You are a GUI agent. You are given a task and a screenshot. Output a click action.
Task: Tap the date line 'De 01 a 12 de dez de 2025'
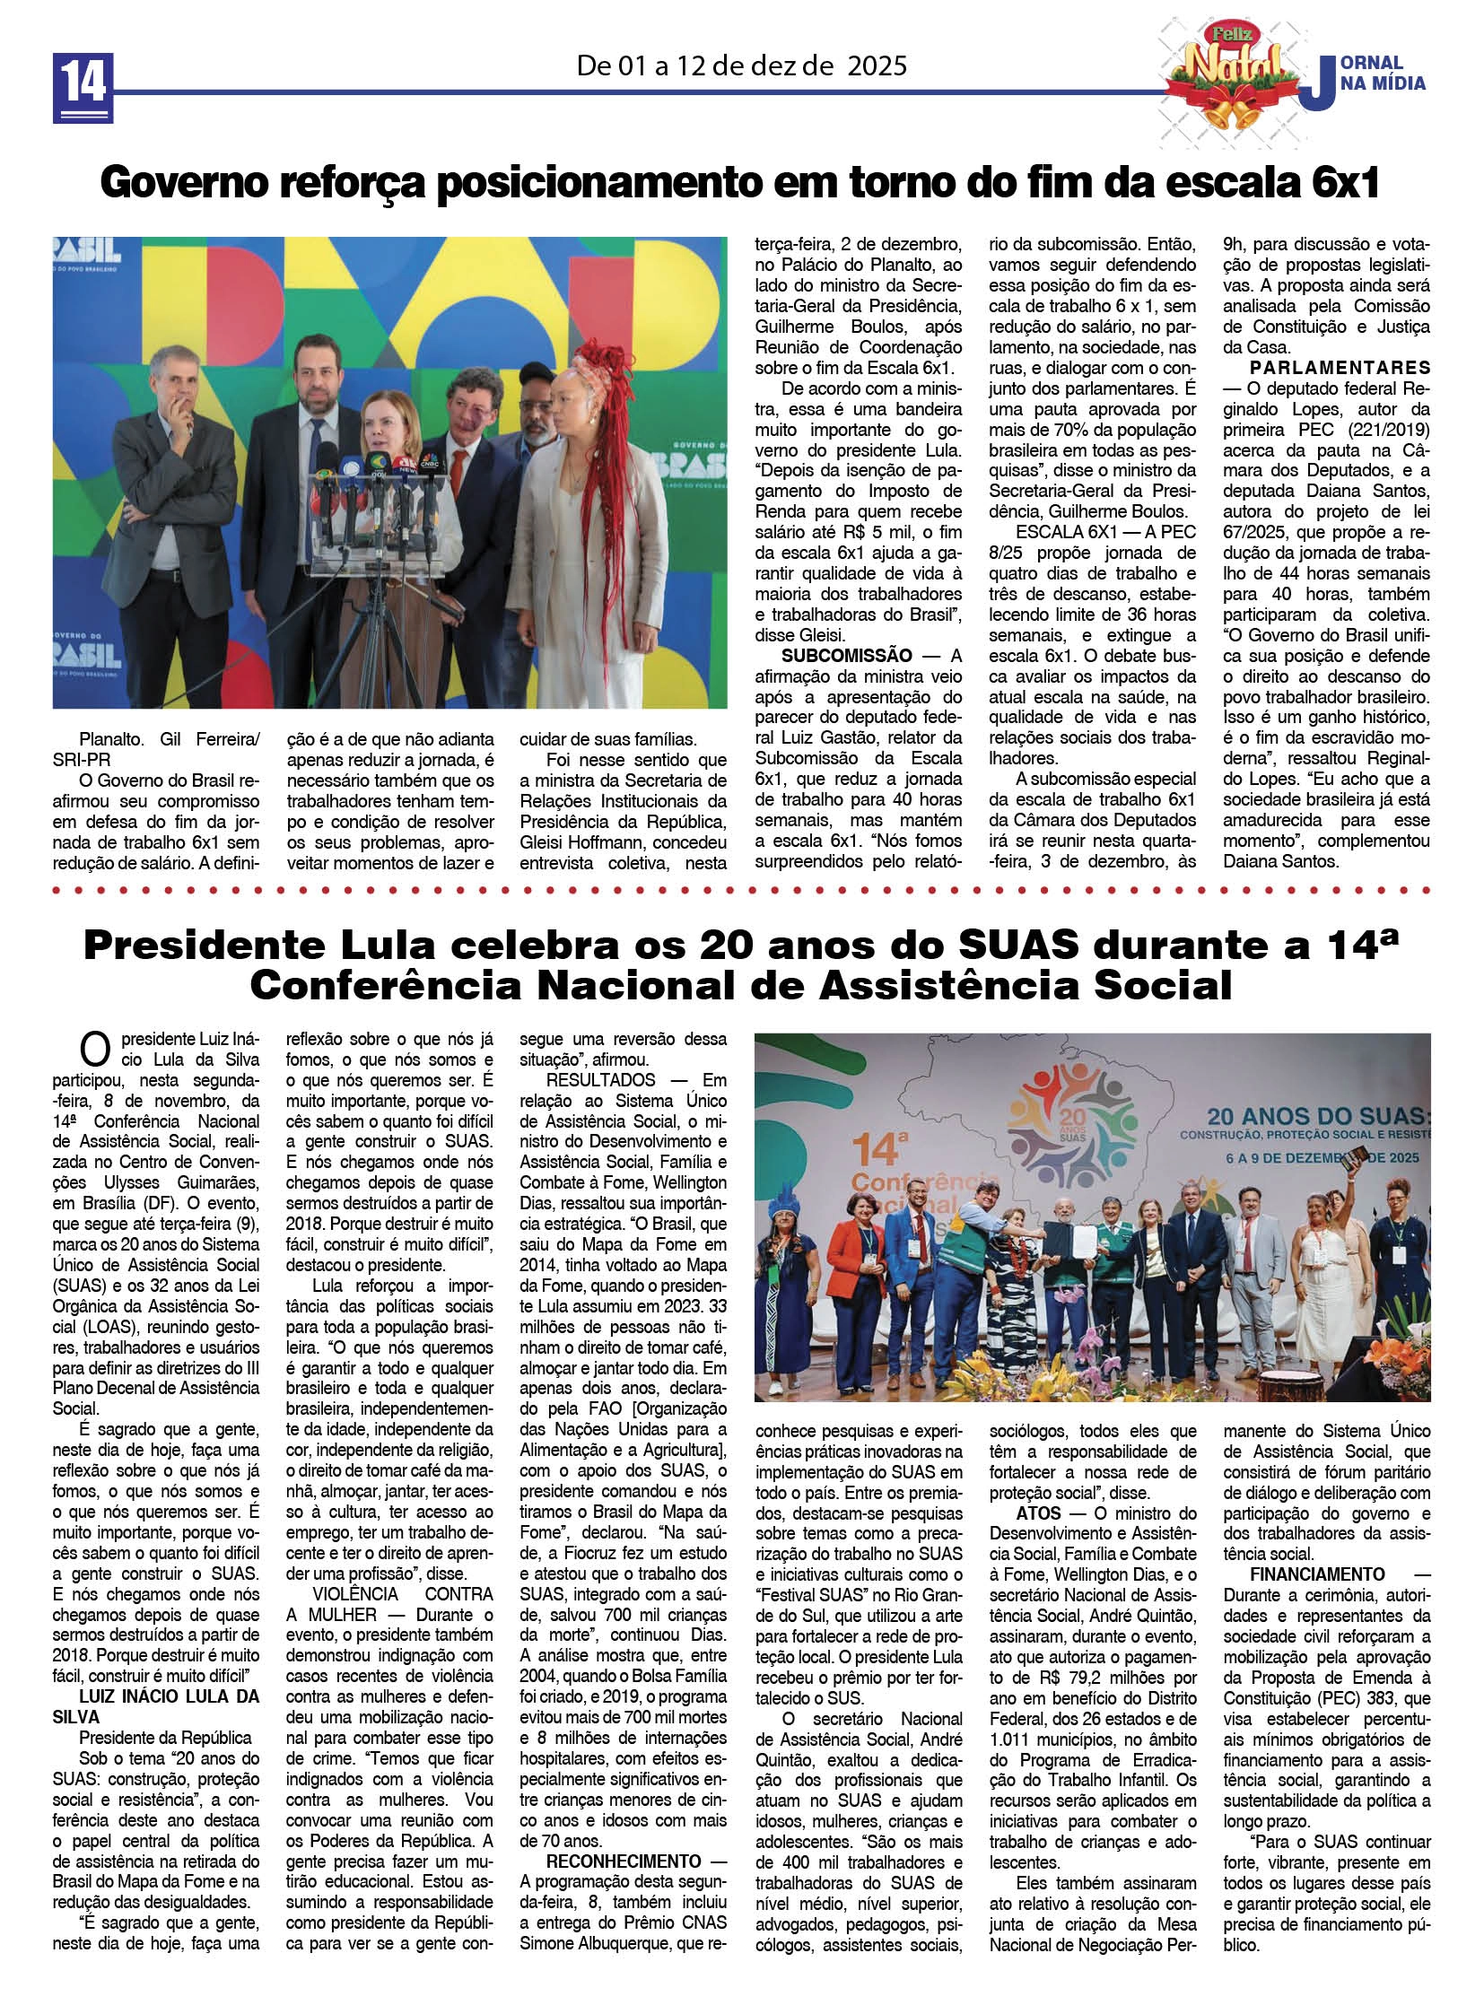tap(741, 65)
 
